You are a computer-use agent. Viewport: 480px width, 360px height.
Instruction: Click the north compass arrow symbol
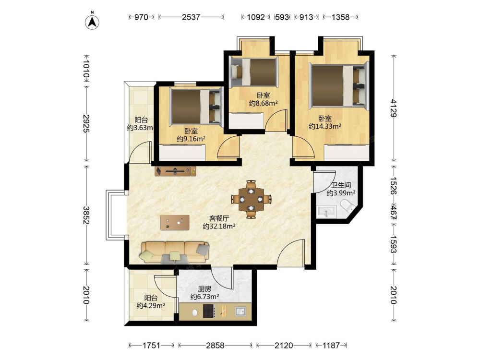(92, 22)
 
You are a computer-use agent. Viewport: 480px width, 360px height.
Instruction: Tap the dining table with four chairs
(251, 199)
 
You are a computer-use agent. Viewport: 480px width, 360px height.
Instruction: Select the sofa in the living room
(175, 252)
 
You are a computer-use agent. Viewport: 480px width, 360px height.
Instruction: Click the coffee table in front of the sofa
(175, 223)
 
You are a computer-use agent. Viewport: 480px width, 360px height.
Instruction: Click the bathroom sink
(327, 211)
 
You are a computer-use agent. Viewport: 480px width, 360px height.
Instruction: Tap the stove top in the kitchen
(209, 312)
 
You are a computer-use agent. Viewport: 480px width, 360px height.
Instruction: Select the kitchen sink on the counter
(240, 312)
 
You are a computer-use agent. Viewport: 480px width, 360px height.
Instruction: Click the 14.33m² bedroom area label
(325, 122)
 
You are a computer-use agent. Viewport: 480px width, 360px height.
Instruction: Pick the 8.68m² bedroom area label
(263, 99)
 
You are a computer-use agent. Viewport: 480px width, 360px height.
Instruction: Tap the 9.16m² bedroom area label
(191, 135)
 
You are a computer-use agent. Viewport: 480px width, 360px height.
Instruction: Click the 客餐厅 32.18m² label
(219, 222)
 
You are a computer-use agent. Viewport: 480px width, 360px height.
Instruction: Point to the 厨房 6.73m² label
(204, 293)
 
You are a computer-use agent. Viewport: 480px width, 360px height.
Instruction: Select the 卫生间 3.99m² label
(341, 189)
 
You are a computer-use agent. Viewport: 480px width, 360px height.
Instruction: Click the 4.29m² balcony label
(151, 301)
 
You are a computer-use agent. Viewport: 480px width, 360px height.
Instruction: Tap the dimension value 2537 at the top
(191, 17)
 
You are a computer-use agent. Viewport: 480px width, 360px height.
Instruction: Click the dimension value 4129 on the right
(394, 108)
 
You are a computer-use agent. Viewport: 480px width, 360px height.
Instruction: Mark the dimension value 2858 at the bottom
(215, 346)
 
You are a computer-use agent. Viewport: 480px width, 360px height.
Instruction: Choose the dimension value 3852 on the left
(86, 215)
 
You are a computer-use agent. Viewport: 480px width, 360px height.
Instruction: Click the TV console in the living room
(175, 171)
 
